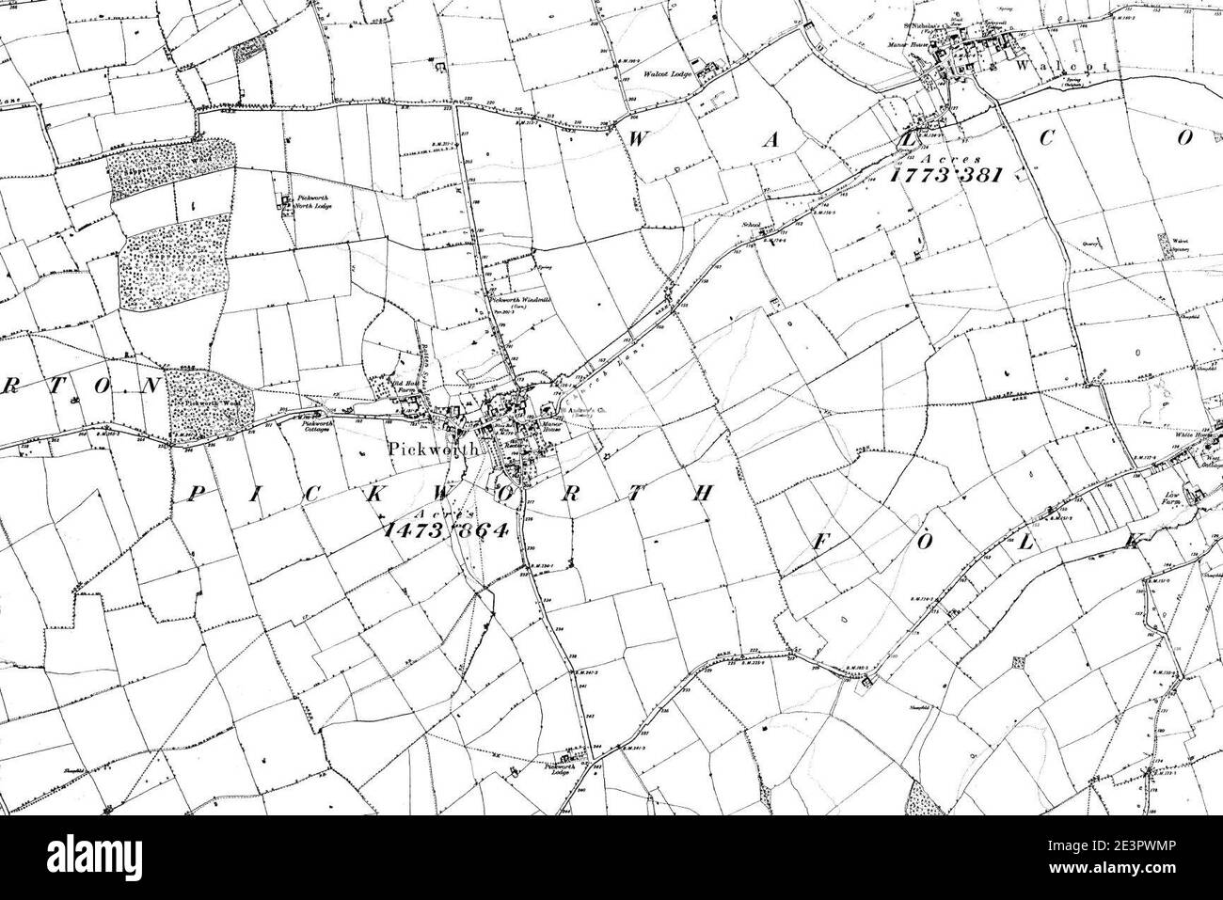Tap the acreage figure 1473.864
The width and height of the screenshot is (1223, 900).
click(x=446, y=529)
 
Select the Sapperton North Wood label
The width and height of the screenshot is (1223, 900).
click(x=160, y=171)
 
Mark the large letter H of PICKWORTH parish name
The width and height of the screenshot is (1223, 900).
click(x=698, y=497)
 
